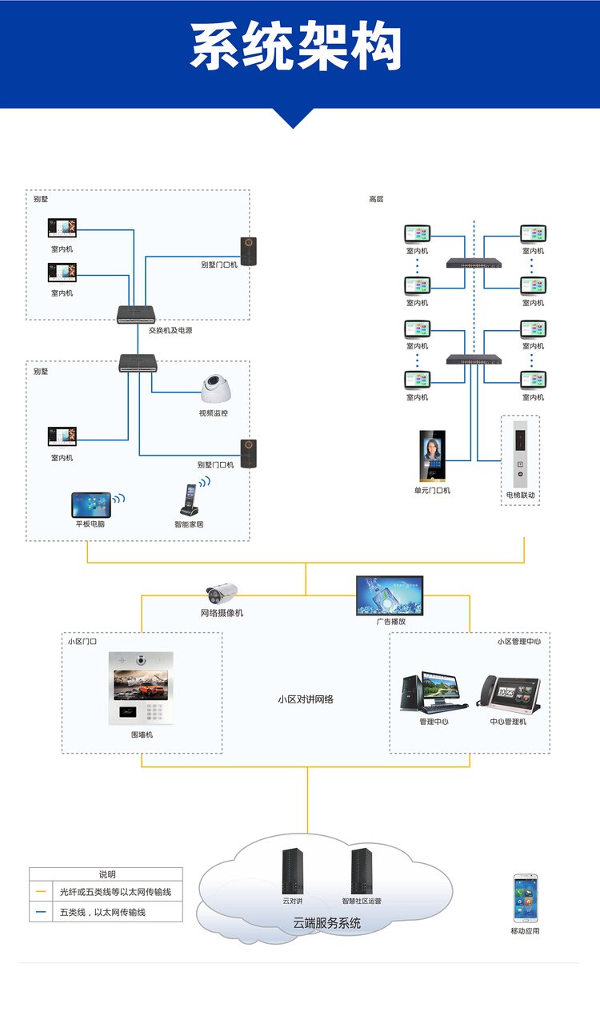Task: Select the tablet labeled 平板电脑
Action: click(90, 504)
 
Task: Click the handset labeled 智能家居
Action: click(189, 500)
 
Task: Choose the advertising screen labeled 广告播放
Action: click(390, 595)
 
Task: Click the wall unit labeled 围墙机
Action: click(142, 688)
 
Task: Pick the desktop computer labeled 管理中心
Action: click(433, 692)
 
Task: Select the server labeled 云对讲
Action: click(293, 871)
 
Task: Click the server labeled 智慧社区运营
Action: click(362, 871)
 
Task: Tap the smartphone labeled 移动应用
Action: click(525, 899)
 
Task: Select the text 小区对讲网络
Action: click(306, 699)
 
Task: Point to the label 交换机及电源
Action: click(170, 330)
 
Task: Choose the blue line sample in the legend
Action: click(41, 912)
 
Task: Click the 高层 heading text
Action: click(376, 199)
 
